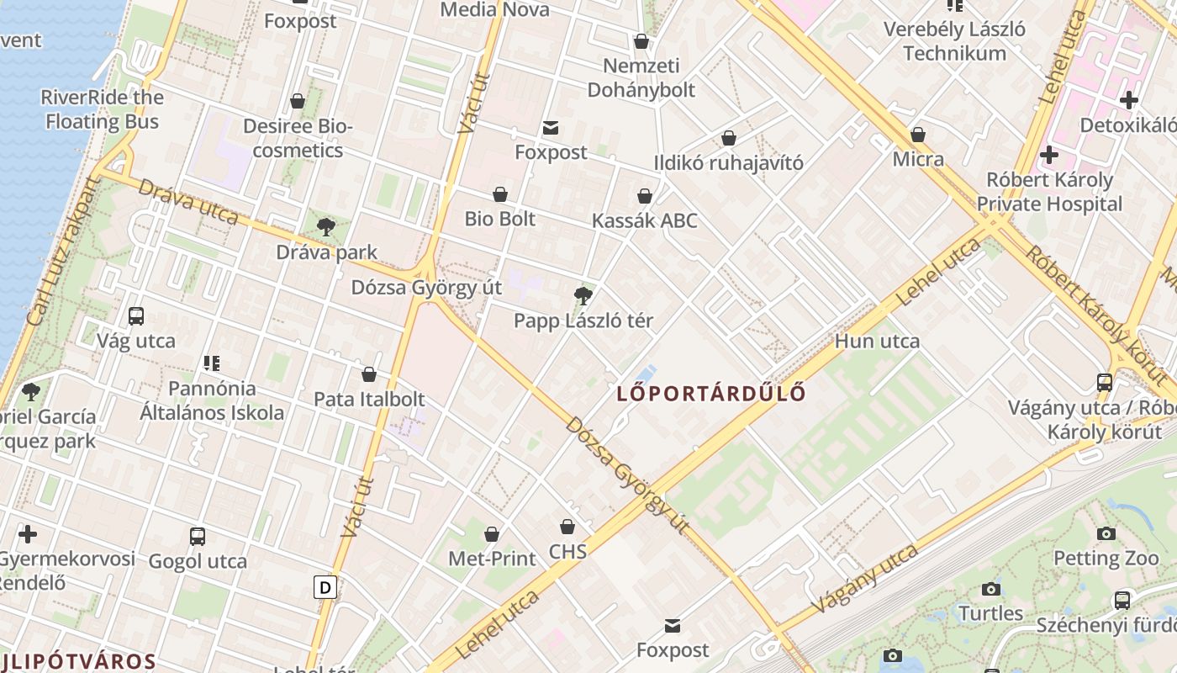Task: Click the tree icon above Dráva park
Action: (x=326, y=226)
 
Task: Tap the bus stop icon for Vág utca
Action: (x=136, y=316)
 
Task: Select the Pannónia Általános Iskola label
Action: (x=212, y=400)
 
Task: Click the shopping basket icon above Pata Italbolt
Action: (x=369, y=374)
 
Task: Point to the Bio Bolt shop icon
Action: (x=500, y=194)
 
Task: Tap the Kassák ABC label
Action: (x=645, y=220)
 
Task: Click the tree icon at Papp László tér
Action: (x=583, y=295)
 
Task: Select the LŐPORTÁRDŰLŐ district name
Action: (x=711, y=393)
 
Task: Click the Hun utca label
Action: (x=877, y=341)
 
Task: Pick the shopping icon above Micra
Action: (x=918, y=135)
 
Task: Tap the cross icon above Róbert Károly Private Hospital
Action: (x=1048, y=155)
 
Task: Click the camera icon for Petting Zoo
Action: (x=1106, y=533)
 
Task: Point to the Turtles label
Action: (x=991, y=613)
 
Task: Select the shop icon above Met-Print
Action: (x=492, y=533)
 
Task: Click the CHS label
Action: (x=567, y=552)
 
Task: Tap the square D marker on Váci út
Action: (x=325, y=586)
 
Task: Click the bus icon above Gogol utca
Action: (x=198, y=537)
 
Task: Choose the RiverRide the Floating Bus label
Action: (x=102, y=109)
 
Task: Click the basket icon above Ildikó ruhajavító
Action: (x=729, y=138)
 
